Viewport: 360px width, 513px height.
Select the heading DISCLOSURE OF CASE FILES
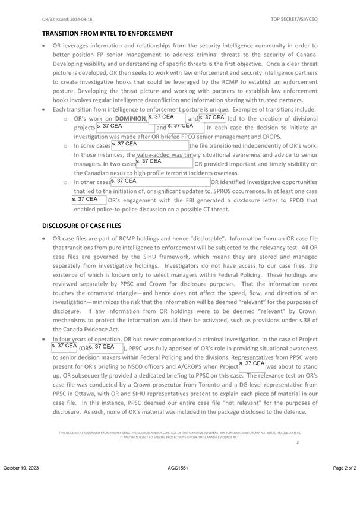pyautogui.click(x=90, y=226)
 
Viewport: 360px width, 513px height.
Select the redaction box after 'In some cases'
pyautogui.click(x=150, y=145)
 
